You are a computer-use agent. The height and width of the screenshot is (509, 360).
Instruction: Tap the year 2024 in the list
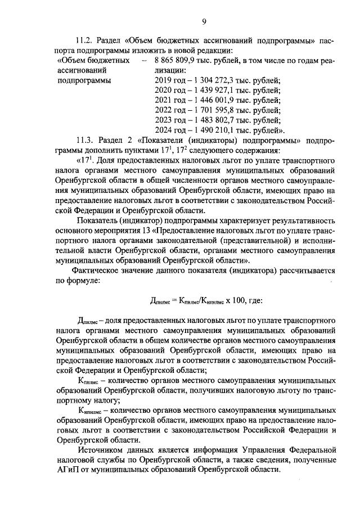pyautogui.click(x=163, y=130)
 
